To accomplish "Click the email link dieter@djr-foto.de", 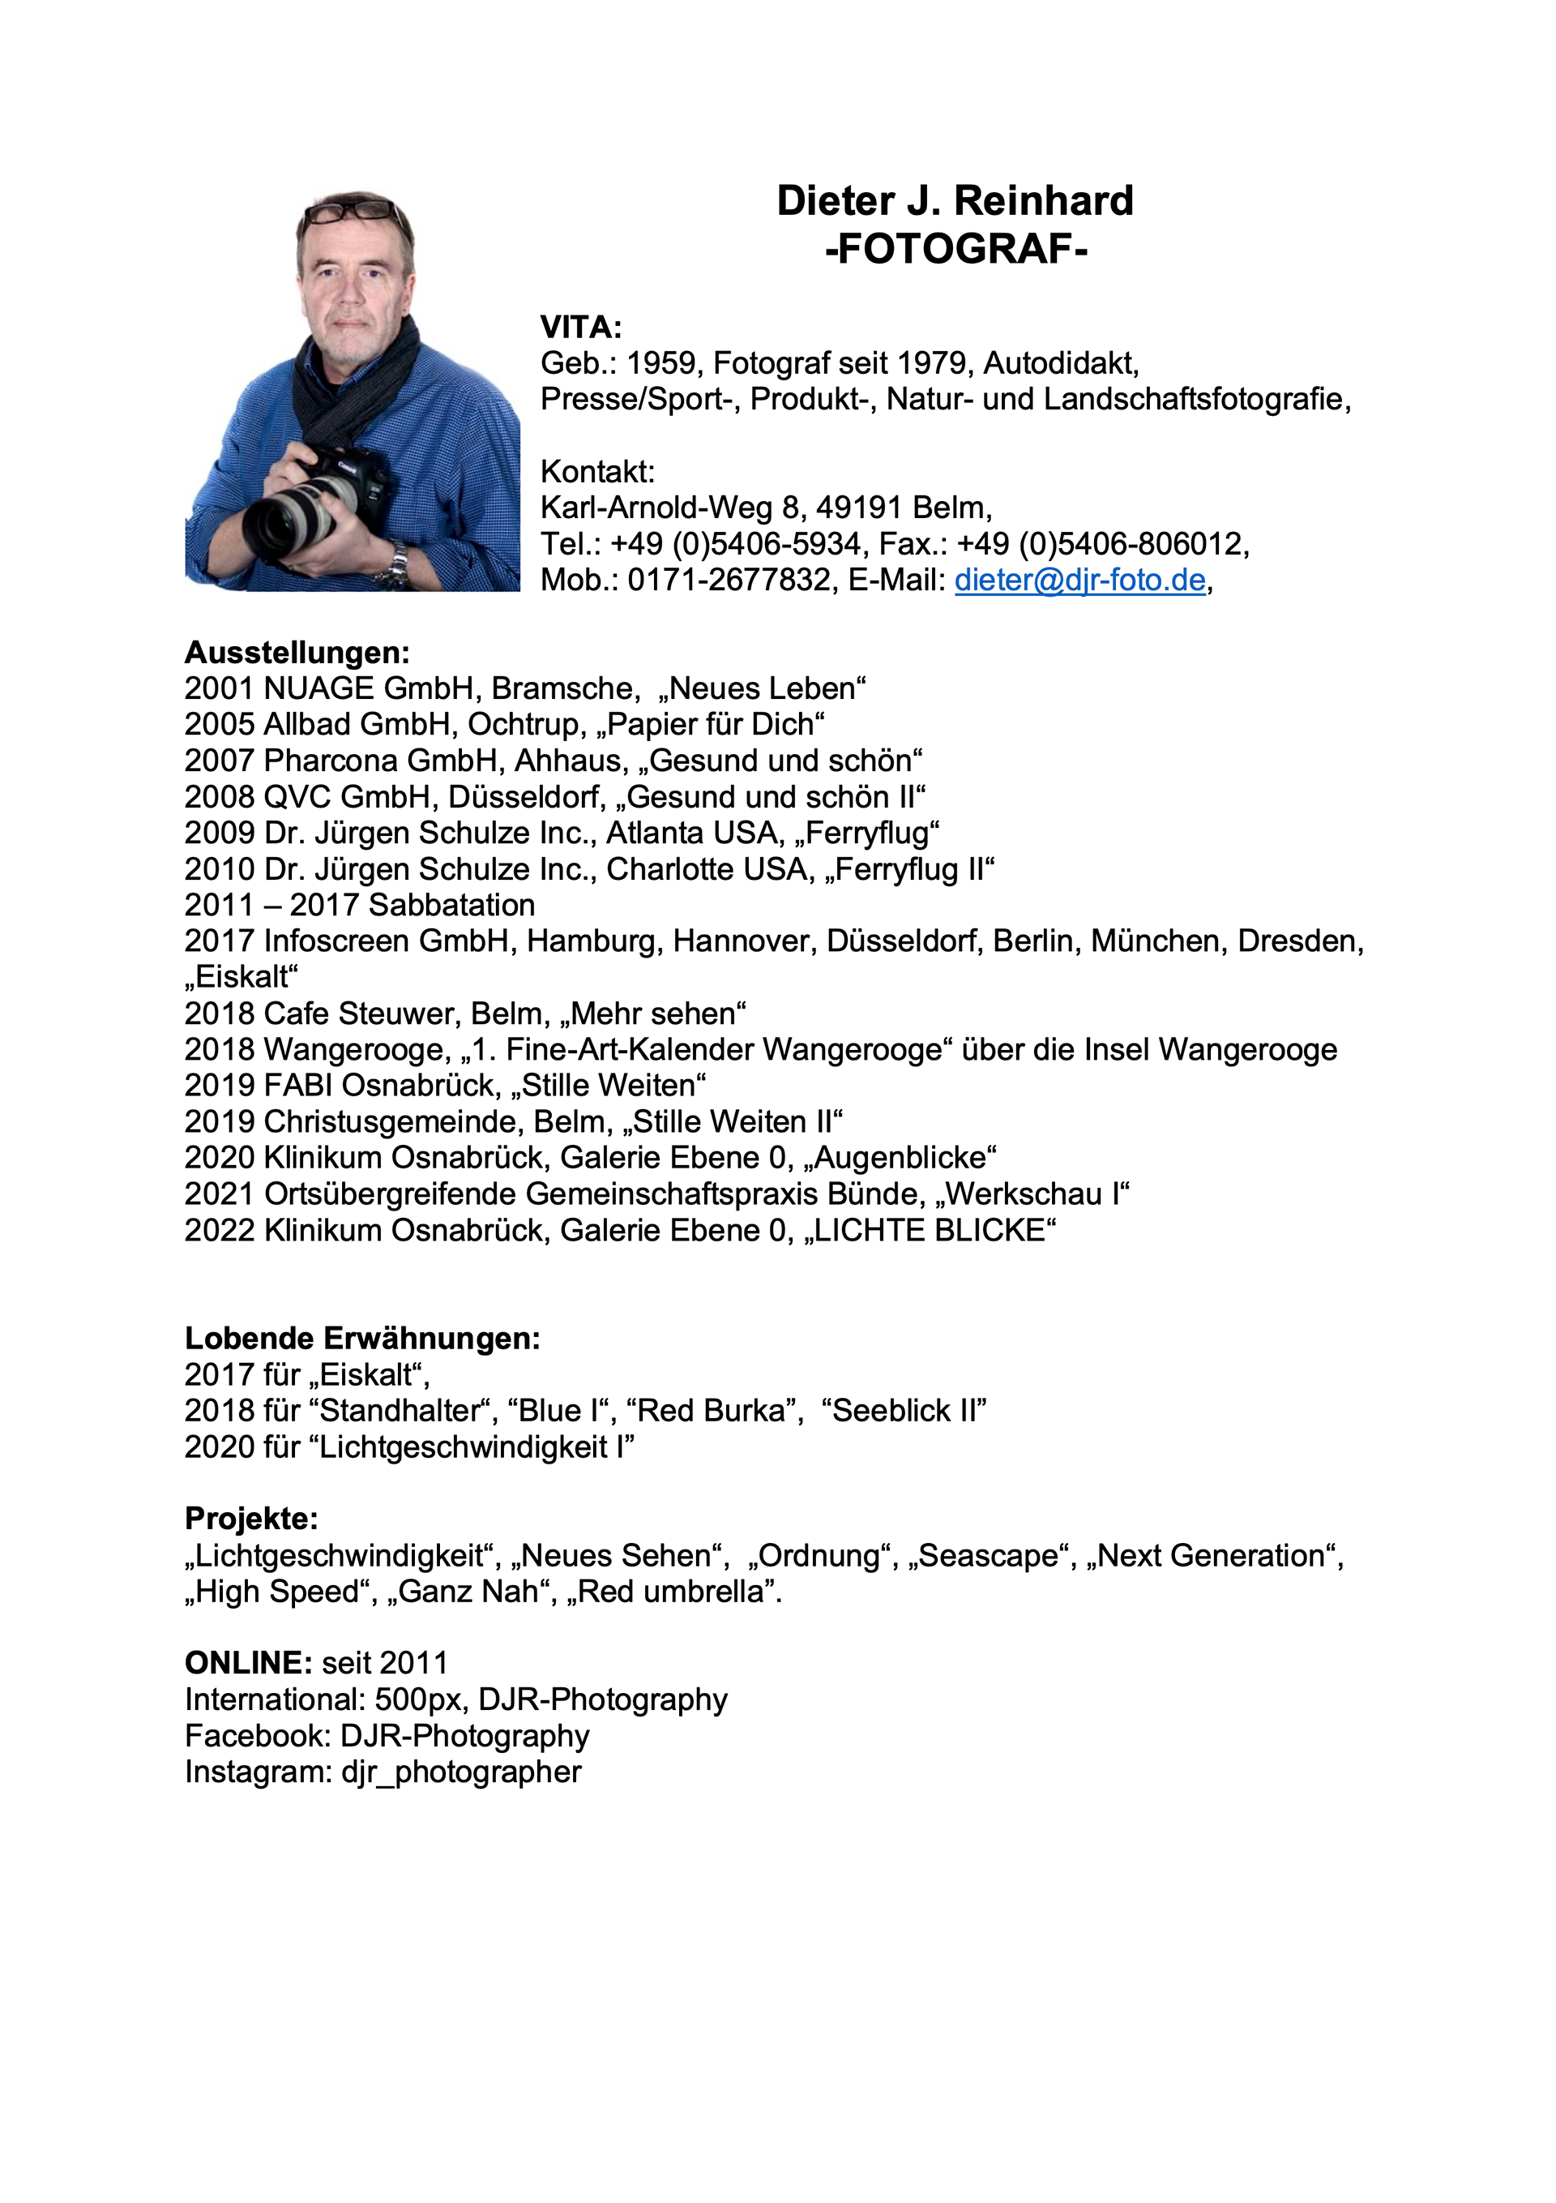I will click(1079, 581).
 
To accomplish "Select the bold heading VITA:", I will click(581, 328).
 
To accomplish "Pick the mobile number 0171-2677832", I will click(729, 581).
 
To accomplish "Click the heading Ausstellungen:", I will click(297, 653).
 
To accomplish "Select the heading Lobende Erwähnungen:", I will click(362, 1339).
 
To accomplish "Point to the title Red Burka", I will click(715, 1411).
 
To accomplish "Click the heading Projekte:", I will click(251, 1519).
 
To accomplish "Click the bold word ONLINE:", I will click(249, 1663).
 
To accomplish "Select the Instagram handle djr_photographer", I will click(461, 1771).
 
